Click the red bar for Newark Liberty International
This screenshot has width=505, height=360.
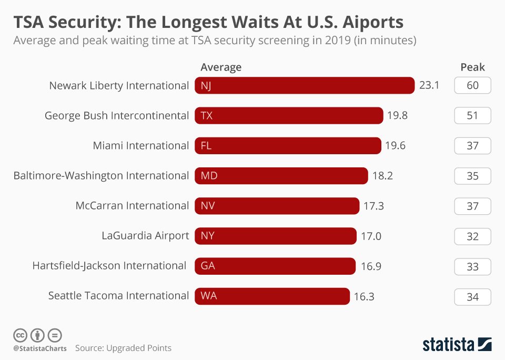[305, 86]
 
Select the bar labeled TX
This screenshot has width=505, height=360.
[289, 116]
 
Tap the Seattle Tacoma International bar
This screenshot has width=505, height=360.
[272, 296]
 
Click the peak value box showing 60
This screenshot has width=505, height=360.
[472, 85]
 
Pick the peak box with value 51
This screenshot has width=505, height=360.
[472, 116]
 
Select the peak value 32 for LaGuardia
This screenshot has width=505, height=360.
[472, 236]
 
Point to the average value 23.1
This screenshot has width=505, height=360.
[429, 85]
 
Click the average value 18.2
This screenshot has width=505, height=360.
[382, 176]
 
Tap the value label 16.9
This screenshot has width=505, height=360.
[371, 266]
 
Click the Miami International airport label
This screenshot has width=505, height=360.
[140, 146]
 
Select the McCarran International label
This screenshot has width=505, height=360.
[132, 206]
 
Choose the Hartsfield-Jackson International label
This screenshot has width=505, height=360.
[109, 266]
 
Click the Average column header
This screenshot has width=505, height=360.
[221, 67]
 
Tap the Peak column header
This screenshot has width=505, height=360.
[472, 67]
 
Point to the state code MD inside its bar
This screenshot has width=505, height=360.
[209, 176]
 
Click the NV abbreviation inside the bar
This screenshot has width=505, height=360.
[208, 206]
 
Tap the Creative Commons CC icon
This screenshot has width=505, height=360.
[20, 335]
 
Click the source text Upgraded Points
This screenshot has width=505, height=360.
[139, 348]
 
